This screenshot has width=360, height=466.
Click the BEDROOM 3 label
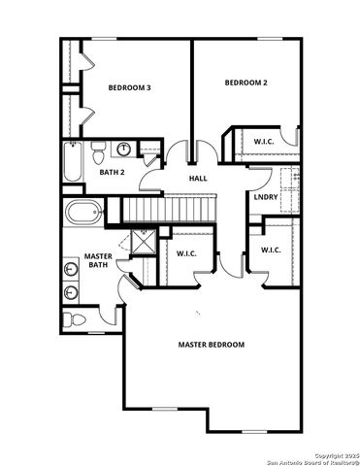[x=128, y=87]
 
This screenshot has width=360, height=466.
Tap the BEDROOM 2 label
[x=245, y=83]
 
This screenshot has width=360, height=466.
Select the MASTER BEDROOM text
[x=211, y=345]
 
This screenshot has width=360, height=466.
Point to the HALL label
[x=198, y=179]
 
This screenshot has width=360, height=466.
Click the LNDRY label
[x=266, y=198]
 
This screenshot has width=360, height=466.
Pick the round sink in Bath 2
[x=123, y=150]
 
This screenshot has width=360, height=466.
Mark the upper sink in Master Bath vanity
[x=72, y=268]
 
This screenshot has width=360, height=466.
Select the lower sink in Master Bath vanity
[x=72, y=292]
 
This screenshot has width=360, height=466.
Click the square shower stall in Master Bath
[x=144, y=241]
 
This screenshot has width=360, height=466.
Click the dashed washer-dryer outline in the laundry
[x=288, y=180]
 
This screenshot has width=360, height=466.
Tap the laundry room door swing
[x=258, y=179]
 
